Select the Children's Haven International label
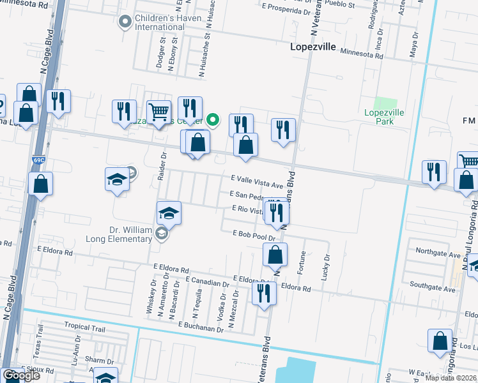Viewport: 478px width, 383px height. click(160, 22)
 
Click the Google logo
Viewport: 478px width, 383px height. click(21, 376)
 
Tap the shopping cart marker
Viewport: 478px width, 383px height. click(158, 112)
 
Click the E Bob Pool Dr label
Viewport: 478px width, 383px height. click(254, 235)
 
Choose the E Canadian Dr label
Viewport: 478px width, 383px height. click(207, 281)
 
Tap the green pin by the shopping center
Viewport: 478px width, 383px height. click(215, 119)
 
